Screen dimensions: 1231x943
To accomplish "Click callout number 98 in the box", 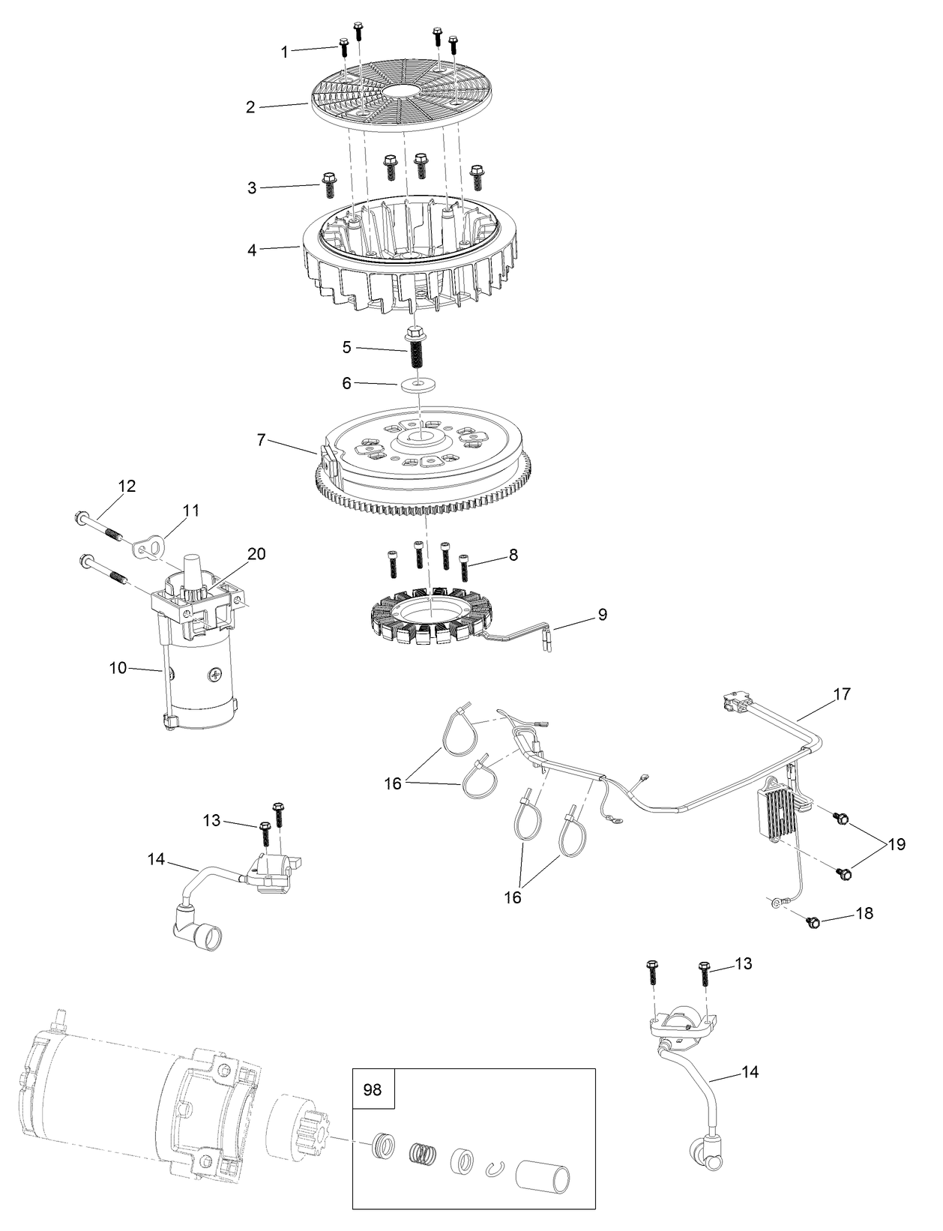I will [373, 1089].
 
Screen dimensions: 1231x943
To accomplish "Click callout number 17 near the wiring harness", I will [842, 694].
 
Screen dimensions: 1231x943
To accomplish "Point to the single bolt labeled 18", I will [813, 922].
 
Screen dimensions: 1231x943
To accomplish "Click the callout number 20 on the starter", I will [256, 553].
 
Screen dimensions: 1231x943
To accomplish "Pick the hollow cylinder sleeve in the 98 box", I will [543, 1164].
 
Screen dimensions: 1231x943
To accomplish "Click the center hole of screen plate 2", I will [404, 91].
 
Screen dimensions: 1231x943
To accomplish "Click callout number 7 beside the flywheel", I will [261, 440].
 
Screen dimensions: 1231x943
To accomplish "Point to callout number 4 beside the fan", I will [252, 250].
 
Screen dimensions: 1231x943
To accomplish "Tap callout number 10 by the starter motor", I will [118, 667].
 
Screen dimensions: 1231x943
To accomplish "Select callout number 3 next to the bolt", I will [252, 187].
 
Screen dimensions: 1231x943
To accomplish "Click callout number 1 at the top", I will [284, 52].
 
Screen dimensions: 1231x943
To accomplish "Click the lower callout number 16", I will [512, 897].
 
